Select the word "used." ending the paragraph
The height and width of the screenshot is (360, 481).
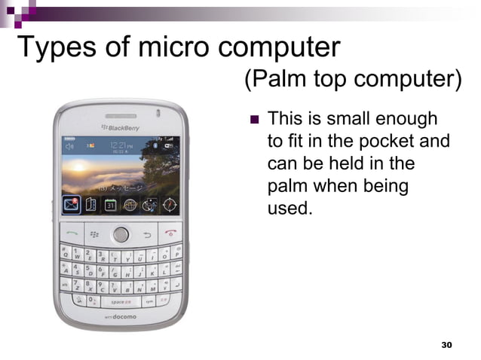pos(290,207)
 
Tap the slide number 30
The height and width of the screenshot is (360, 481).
pos(446,344)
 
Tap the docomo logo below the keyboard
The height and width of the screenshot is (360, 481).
pos(118,317)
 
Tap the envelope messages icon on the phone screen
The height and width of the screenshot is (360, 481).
pos(71,204)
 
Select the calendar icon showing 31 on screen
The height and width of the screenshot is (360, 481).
pos(110,205)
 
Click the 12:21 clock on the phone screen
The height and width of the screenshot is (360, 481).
pos(118,145)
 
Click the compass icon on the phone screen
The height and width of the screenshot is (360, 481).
pos(170,204)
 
